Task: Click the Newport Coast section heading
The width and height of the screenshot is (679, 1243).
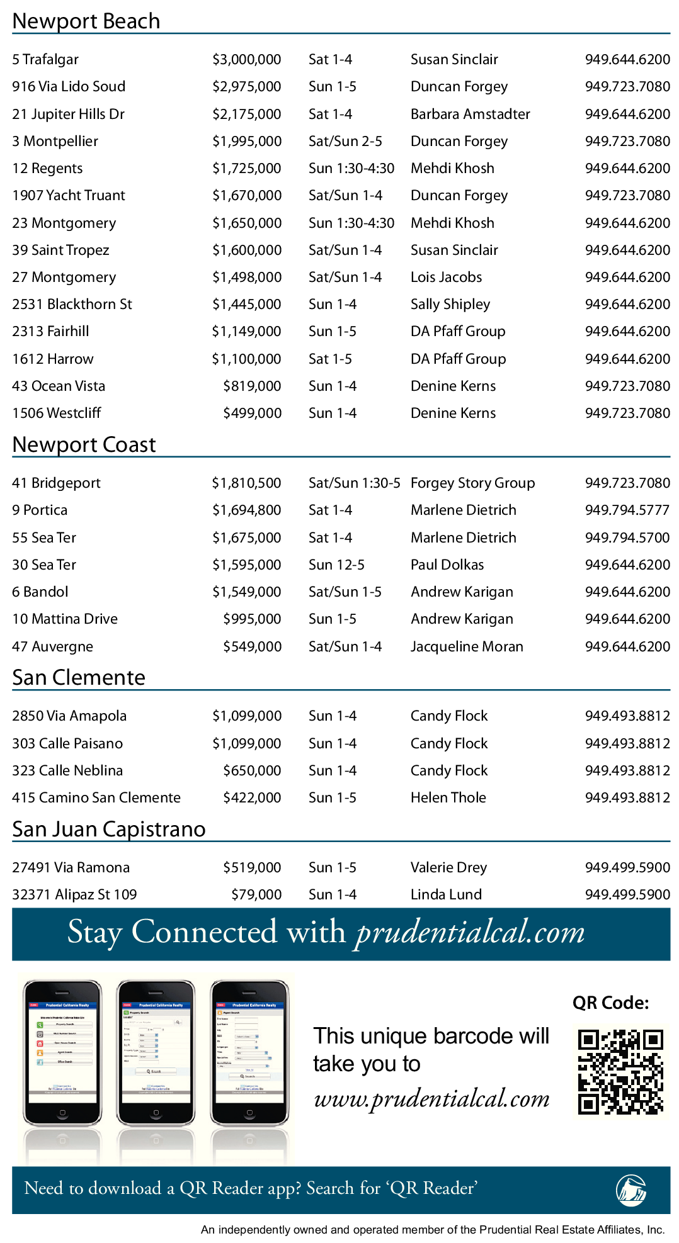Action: [x=84, y=445]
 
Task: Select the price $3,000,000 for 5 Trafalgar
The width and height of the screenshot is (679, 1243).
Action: [x=246, y=60]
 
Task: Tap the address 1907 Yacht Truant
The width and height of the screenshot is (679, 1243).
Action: [x=69, y=196]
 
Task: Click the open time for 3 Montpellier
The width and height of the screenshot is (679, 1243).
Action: [x=345, y=142]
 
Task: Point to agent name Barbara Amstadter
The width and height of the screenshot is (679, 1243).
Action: [x=470, y=114]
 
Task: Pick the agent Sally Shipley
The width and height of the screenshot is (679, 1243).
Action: [x=450, y=305]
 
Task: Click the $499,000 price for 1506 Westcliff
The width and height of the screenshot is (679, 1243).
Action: [x=252, y=413]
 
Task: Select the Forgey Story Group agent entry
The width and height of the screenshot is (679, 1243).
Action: [x=472, y=483]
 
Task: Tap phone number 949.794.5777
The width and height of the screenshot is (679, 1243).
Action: [x=627, y=510]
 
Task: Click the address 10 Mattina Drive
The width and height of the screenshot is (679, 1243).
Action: [x=65, y=619]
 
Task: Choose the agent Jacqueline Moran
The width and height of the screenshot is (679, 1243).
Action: [x=467, y=647]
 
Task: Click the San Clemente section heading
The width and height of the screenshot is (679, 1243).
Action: [x=79, y=678]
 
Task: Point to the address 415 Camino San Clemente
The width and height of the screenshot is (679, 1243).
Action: [x=96, y=798]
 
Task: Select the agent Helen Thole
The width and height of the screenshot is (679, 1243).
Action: [x=448, y=798]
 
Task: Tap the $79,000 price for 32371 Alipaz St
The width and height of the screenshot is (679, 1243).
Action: [x=256, y=895]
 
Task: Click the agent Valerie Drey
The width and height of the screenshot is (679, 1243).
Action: [x=448, y=868]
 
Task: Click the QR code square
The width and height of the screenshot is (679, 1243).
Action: [x=620, y=1072]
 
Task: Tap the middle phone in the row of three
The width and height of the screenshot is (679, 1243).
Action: [x=156, y=1052]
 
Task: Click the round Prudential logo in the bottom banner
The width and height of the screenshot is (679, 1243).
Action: [x=631, y=1190]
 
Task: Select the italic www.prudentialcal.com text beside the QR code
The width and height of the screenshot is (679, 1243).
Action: [x=431, y=1099]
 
